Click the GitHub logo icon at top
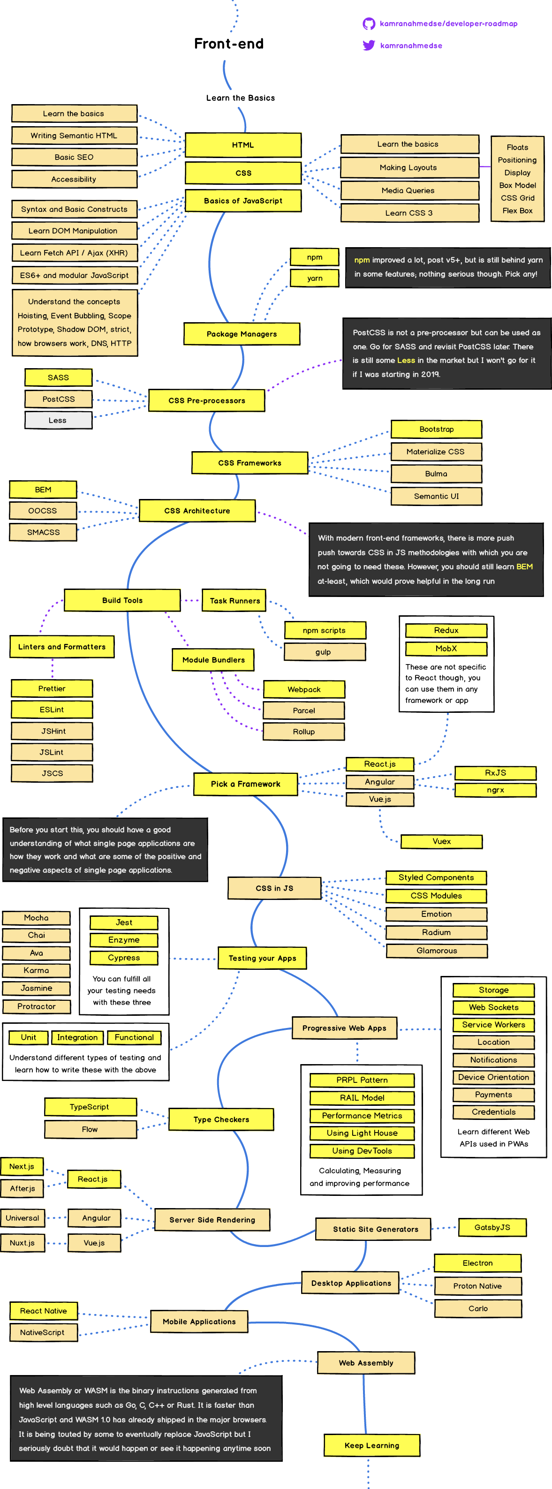368,24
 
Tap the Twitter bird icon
368,45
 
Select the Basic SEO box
74,157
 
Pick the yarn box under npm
314,278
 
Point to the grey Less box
58,420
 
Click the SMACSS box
43,532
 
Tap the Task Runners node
234,601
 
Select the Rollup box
303,731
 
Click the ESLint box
52,709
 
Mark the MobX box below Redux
446,649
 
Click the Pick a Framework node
245,784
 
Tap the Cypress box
124,958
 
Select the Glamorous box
437,950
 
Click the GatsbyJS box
492,1227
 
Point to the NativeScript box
42,1332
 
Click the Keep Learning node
371,1445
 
